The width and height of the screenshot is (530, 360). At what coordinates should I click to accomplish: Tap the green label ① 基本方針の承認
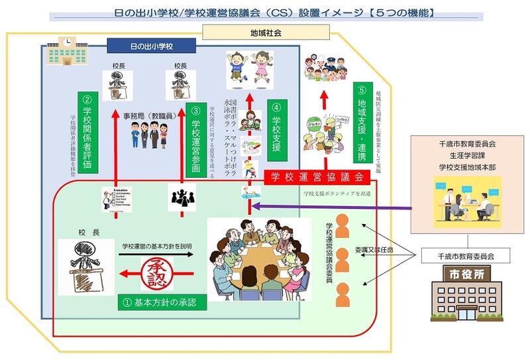tap(160, 302)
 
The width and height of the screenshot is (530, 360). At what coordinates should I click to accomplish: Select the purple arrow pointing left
tap(331, 206)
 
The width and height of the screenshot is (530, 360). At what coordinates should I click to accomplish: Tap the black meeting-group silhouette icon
tap(182, 197)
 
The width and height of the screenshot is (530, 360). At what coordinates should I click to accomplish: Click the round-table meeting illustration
tap(258, 255)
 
